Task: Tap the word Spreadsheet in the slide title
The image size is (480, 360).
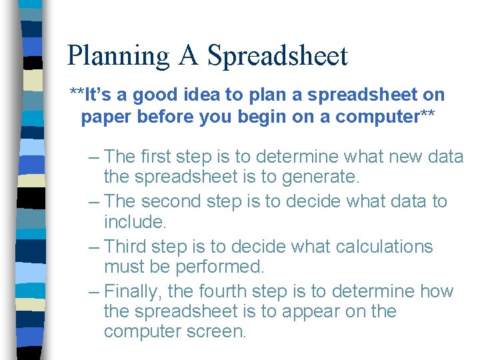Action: [x=277, y=56]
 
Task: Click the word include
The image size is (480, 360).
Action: [x=133, y=221]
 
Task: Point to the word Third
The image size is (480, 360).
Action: [x=127, y=246]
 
